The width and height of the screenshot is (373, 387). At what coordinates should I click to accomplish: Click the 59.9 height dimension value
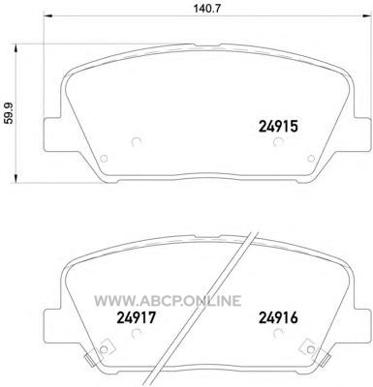pos(11,112)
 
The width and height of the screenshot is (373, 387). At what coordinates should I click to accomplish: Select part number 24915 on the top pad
pos(278,127)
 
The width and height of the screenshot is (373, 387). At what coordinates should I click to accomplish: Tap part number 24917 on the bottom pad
pos(137,317)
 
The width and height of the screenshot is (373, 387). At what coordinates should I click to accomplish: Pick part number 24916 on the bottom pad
pos(278,317)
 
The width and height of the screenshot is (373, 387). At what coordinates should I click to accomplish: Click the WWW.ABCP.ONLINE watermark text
pos(168,301)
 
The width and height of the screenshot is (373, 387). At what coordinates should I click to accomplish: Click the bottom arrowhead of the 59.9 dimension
pos(16,179)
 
